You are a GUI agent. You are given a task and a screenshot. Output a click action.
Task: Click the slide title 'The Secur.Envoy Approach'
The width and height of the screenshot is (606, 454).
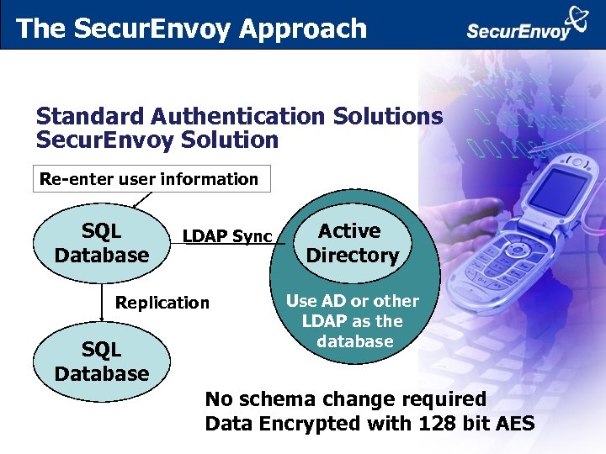coord(191,29)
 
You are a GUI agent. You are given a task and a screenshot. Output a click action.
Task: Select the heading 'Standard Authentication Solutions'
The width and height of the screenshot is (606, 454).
coord(239,117)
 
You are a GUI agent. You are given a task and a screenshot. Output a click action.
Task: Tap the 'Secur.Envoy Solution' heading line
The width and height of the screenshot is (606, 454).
coord(157,140)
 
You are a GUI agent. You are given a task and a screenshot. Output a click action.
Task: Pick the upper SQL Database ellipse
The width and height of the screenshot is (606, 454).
coord(101,242)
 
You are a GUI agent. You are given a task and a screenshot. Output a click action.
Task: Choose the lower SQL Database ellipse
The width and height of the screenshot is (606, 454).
coord(101,362)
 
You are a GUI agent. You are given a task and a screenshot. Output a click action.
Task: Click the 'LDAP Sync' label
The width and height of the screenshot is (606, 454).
coord(227,237)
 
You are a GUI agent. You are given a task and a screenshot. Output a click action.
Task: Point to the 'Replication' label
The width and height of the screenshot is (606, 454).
coord(162,303)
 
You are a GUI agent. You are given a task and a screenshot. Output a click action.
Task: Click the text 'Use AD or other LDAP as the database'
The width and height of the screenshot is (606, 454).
coord(353,321)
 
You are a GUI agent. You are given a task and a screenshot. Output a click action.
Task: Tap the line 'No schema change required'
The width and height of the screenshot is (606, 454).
coord(346,399)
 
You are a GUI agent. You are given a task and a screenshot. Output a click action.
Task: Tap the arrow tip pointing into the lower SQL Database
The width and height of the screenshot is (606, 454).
coord(101,320)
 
